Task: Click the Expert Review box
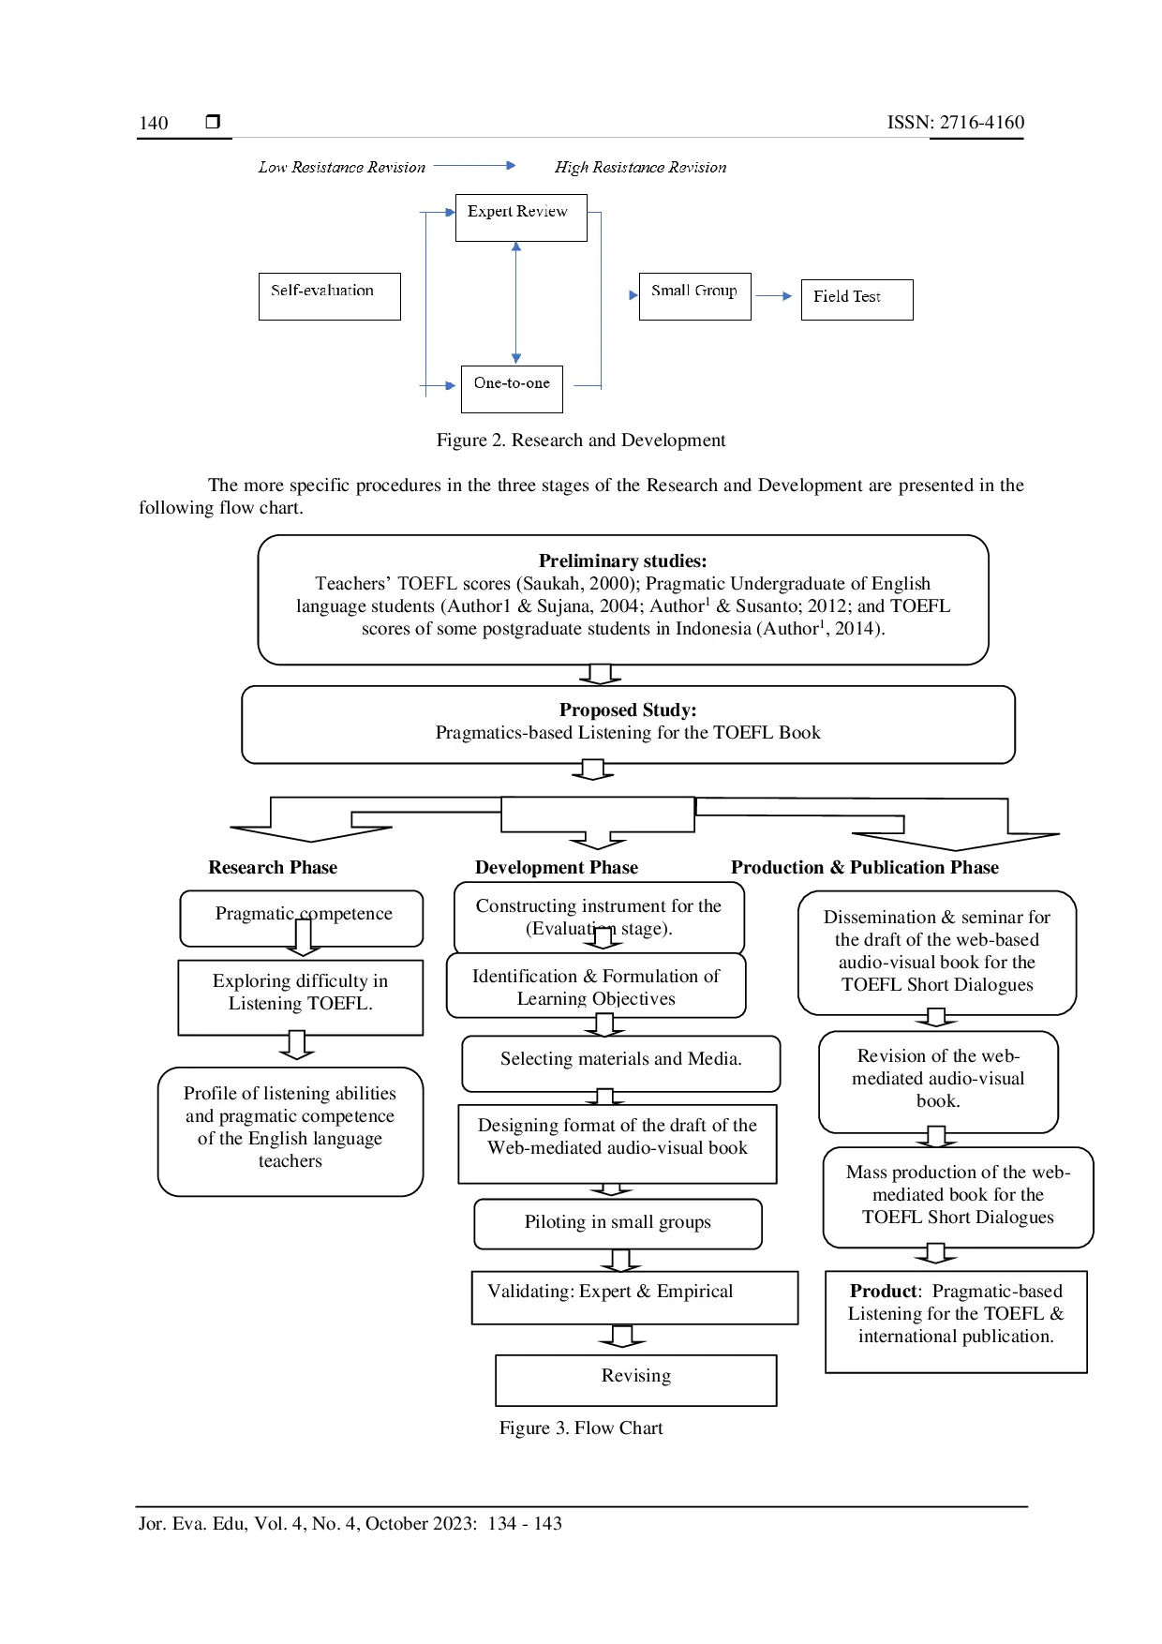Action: [x=521, y=217]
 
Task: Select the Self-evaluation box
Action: [x=329, y=296]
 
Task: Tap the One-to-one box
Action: [x=512, y=388]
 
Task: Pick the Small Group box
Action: [x=694, y=296]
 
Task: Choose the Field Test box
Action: [x=857, y=300]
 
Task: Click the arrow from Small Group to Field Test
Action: [x=774, y=296]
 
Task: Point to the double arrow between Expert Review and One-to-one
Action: [x=516, y=303]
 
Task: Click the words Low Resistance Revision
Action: [x=341, y=168]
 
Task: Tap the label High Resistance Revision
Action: [x=640, y=168]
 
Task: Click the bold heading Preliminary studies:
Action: [x=622, y=561]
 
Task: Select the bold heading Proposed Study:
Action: [x=628, y=710]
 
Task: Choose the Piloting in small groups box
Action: [x=618, y=1223]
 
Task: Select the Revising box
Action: [x=636, y=1379]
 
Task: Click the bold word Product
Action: [x=883, y=1292]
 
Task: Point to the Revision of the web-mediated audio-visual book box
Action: [x=938, y=1080]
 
